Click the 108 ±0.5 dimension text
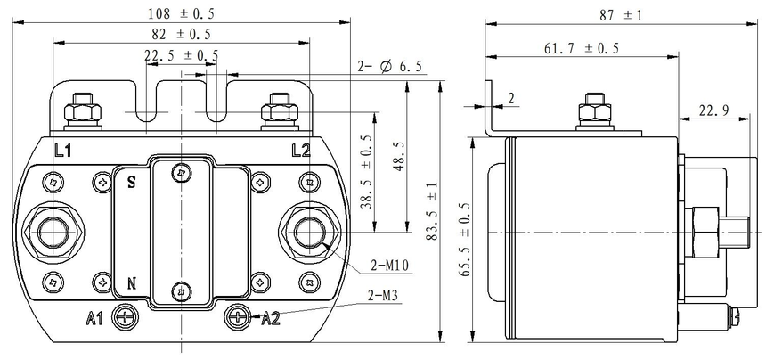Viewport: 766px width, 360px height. [181, 13]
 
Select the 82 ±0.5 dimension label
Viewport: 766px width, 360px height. [181, 34]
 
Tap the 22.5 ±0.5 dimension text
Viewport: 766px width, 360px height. [181, 55]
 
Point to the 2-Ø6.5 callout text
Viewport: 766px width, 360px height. [390, 67]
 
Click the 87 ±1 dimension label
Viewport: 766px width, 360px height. [621, 15]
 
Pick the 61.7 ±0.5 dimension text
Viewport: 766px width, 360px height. [582, 48]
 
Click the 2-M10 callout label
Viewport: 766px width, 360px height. [389, 266]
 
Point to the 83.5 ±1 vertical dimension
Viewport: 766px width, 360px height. [431, 210]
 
